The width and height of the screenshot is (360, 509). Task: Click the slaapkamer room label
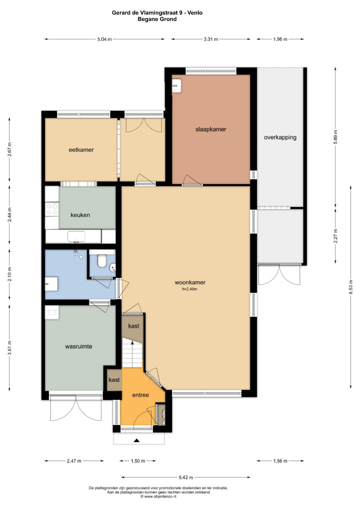(x=211, y=129)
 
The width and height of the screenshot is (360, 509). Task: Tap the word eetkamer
(x=81, y=150)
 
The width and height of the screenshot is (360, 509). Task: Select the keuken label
(x=80, y=215)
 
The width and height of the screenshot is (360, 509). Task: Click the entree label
(x=140, y=395)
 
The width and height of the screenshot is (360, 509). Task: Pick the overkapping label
(x=280, y=137)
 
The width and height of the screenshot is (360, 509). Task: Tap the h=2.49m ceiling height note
(x=190, y=289)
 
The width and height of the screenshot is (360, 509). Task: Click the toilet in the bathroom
(x=101, y=260)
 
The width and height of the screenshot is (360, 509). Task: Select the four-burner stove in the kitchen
(x=52, y=209)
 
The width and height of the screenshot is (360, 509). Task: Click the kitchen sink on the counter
(x=76, y=237)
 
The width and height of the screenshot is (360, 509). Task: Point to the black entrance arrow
(x=136, y=440)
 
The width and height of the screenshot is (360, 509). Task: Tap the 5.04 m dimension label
(x=105, y=39)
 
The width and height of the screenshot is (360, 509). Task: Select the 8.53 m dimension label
(x=351, y=288)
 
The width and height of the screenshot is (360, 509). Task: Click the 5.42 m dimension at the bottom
(x=186, y=477)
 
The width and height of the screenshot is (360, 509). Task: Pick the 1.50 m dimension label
(x=138, y=461)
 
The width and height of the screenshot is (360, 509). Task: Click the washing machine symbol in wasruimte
(x=52, y=312)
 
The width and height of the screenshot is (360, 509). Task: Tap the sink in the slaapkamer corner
(x=176, y=86)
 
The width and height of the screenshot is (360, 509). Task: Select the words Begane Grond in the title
(x=157, y=19)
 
